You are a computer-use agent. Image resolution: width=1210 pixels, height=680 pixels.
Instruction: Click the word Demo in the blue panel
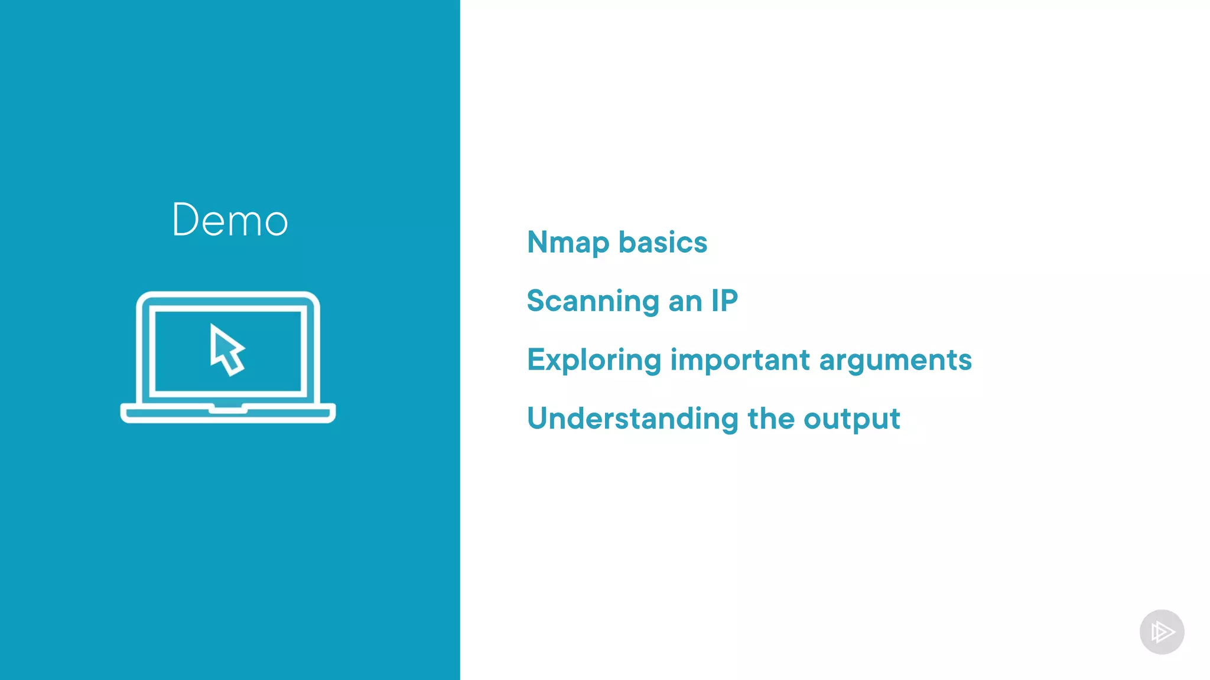click(230, 220)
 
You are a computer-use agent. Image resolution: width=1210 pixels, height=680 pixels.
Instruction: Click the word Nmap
click(568, 243)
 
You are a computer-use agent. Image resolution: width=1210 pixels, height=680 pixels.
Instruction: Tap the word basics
click(662, 243)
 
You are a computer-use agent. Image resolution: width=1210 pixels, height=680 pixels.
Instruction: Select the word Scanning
click(593, 302)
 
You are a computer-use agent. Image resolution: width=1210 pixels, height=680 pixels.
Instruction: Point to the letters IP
click(724, 301)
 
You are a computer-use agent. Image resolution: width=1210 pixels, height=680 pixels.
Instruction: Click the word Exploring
click(594, 361)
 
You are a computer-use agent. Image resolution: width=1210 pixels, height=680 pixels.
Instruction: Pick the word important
click(740, 361)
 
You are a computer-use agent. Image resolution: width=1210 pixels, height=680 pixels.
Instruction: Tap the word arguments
click(895, 361)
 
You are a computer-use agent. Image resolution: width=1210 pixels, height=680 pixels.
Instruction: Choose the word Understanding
click(632, 419)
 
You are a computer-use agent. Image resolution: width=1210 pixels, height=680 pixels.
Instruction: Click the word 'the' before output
click(770, 419)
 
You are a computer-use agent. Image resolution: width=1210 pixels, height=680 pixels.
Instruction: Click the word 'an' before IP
click(685, 302)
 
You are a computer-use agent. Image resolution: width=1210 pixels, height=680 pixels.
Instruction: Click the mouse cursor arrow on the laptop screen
click(226, 349)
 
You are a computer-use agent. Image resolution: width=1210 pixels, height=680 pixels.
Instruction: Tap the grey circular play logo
click(1162, 632)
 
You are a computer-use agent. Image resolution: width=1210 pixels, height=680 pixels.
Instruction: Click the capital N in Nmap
click(539, 242)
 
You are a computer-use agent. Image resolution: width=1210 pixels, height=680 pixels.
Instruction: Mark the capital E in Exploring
click(537, 359)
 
